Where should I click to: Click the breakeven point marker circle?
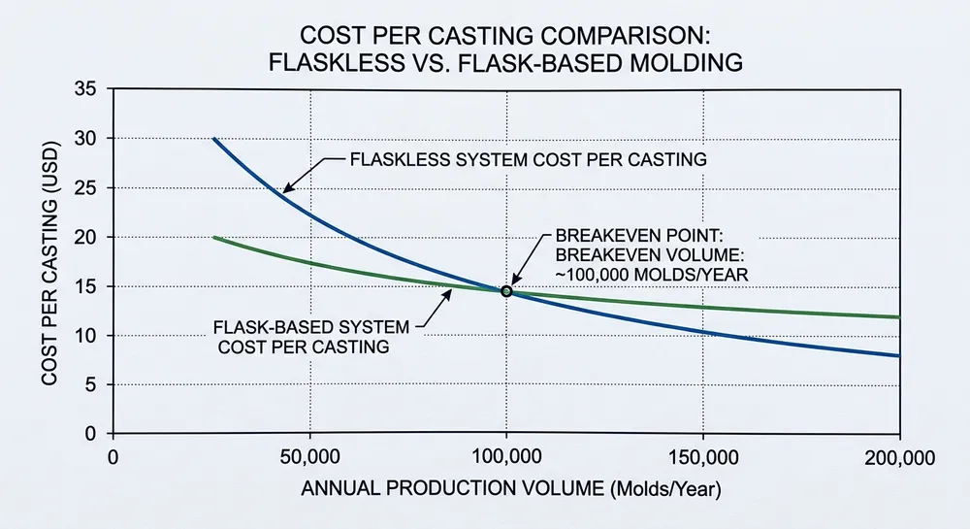pos(505,291)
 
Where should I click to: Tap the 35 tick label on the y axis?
pos(84,89)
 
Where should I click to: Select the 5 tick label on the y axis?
pos(89,385)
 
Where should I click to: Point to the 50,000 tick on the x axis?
pos(308,456)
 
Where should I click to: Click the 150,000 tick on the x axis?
pos(701,456)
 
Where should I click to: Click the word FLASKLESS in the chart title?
pos(336,63)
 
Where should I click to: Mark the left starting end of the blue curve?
pos(213,139)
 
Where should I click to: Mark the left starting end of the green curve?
pos(213,237)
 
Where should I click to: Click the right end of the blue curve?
pos(899,355)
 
